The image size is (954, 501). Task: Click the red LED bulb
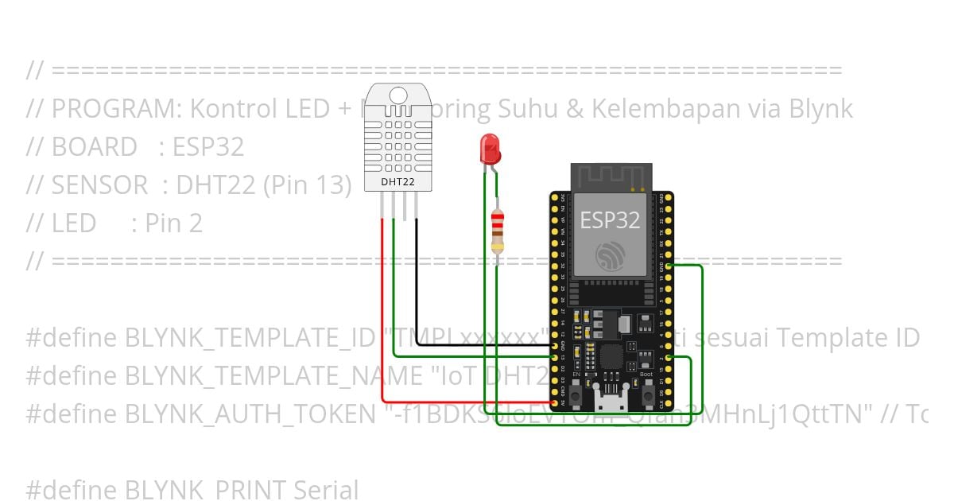[489, 148]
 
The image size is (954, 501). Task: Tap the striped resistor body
[498, 231]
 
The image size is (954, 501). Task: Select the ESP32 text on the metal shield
[610, 220]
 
